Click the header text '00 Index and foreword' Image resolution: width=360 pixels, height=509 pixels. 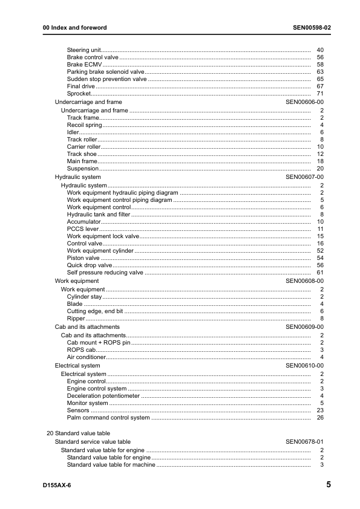[74, 28]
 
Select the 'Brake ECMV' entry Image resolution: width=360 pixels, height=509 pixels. [84, 64]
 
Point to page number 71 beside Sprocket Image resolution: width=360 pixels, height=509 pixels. [320, 94]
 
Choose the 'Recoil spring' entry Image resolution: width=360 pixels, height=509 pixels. [84, 125]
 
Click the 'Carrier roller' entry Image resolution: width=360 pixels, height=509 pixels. [83, 147]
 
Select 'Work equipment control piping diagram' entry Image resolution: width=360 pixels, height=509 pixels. [119, 199]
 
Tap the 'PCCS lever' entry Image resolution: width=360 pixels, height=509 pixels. [82, 229]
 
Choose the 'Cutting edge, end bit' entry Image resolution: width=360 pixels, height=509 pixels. [95, 311]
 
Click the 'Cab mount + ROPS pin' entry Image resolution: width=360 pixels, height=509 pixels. [98, 343]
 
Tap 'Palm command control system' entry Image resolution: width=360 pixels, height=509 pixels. [108, 418]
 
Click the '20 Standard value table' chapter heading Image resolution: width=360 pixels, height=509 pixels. [78, 433]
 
